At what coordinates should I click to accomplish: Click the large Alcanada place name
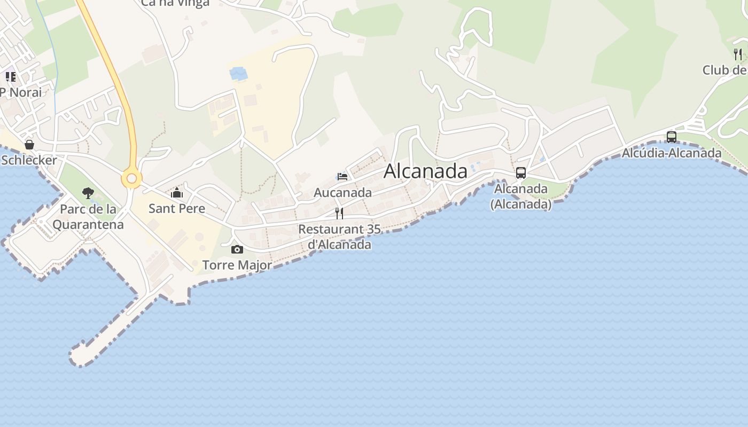(x=425, y=171)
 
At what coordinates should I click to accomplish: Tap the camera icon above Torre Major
(x=237, y=249)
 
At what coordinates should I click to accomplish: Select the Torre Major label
(x=237, y=265)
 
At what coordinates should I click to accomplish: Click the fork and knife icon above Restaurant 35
(x=339, y=213)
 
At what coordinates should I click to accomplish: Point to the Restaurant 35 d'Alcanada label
(x=339, y=237)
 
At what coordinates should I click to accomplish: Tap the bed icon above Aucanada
(x=342, y=177)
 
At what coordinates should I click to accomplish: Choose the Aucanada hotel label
(x=342, y=192)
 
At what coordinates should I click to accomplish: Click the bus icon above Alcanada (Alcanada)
(x=521, y=173)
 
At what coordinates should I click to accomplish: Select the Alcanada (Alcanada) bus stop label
(x=521, y=196)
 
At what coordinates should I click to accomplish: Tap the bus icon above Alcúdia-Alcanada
(x=672, y=137)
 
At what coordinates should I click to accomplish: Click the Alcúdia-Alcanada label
(x=672, y=153)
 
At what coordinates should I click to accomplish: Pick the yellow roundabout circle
(x=131, y=179)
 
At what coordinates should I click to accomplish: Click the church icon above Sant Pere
(x=177, y=193)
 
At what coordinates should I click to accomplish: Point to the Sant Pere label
(x=177, y=208)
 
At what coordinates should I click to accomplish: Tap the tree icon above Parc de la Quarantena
(x=88, y=193)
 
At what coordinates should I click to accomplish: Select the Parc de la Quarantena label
(x=88, y=217)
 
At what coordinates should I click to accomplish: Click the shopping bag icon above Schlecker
(x=29, y=145)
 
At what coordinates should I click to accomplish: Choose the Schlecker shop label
(x=29, y=160)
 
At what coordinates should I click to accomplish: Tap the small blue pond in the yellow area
(x=238, y=74)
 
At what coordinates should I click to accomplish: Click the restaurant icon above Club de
(x=738, y=54)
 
